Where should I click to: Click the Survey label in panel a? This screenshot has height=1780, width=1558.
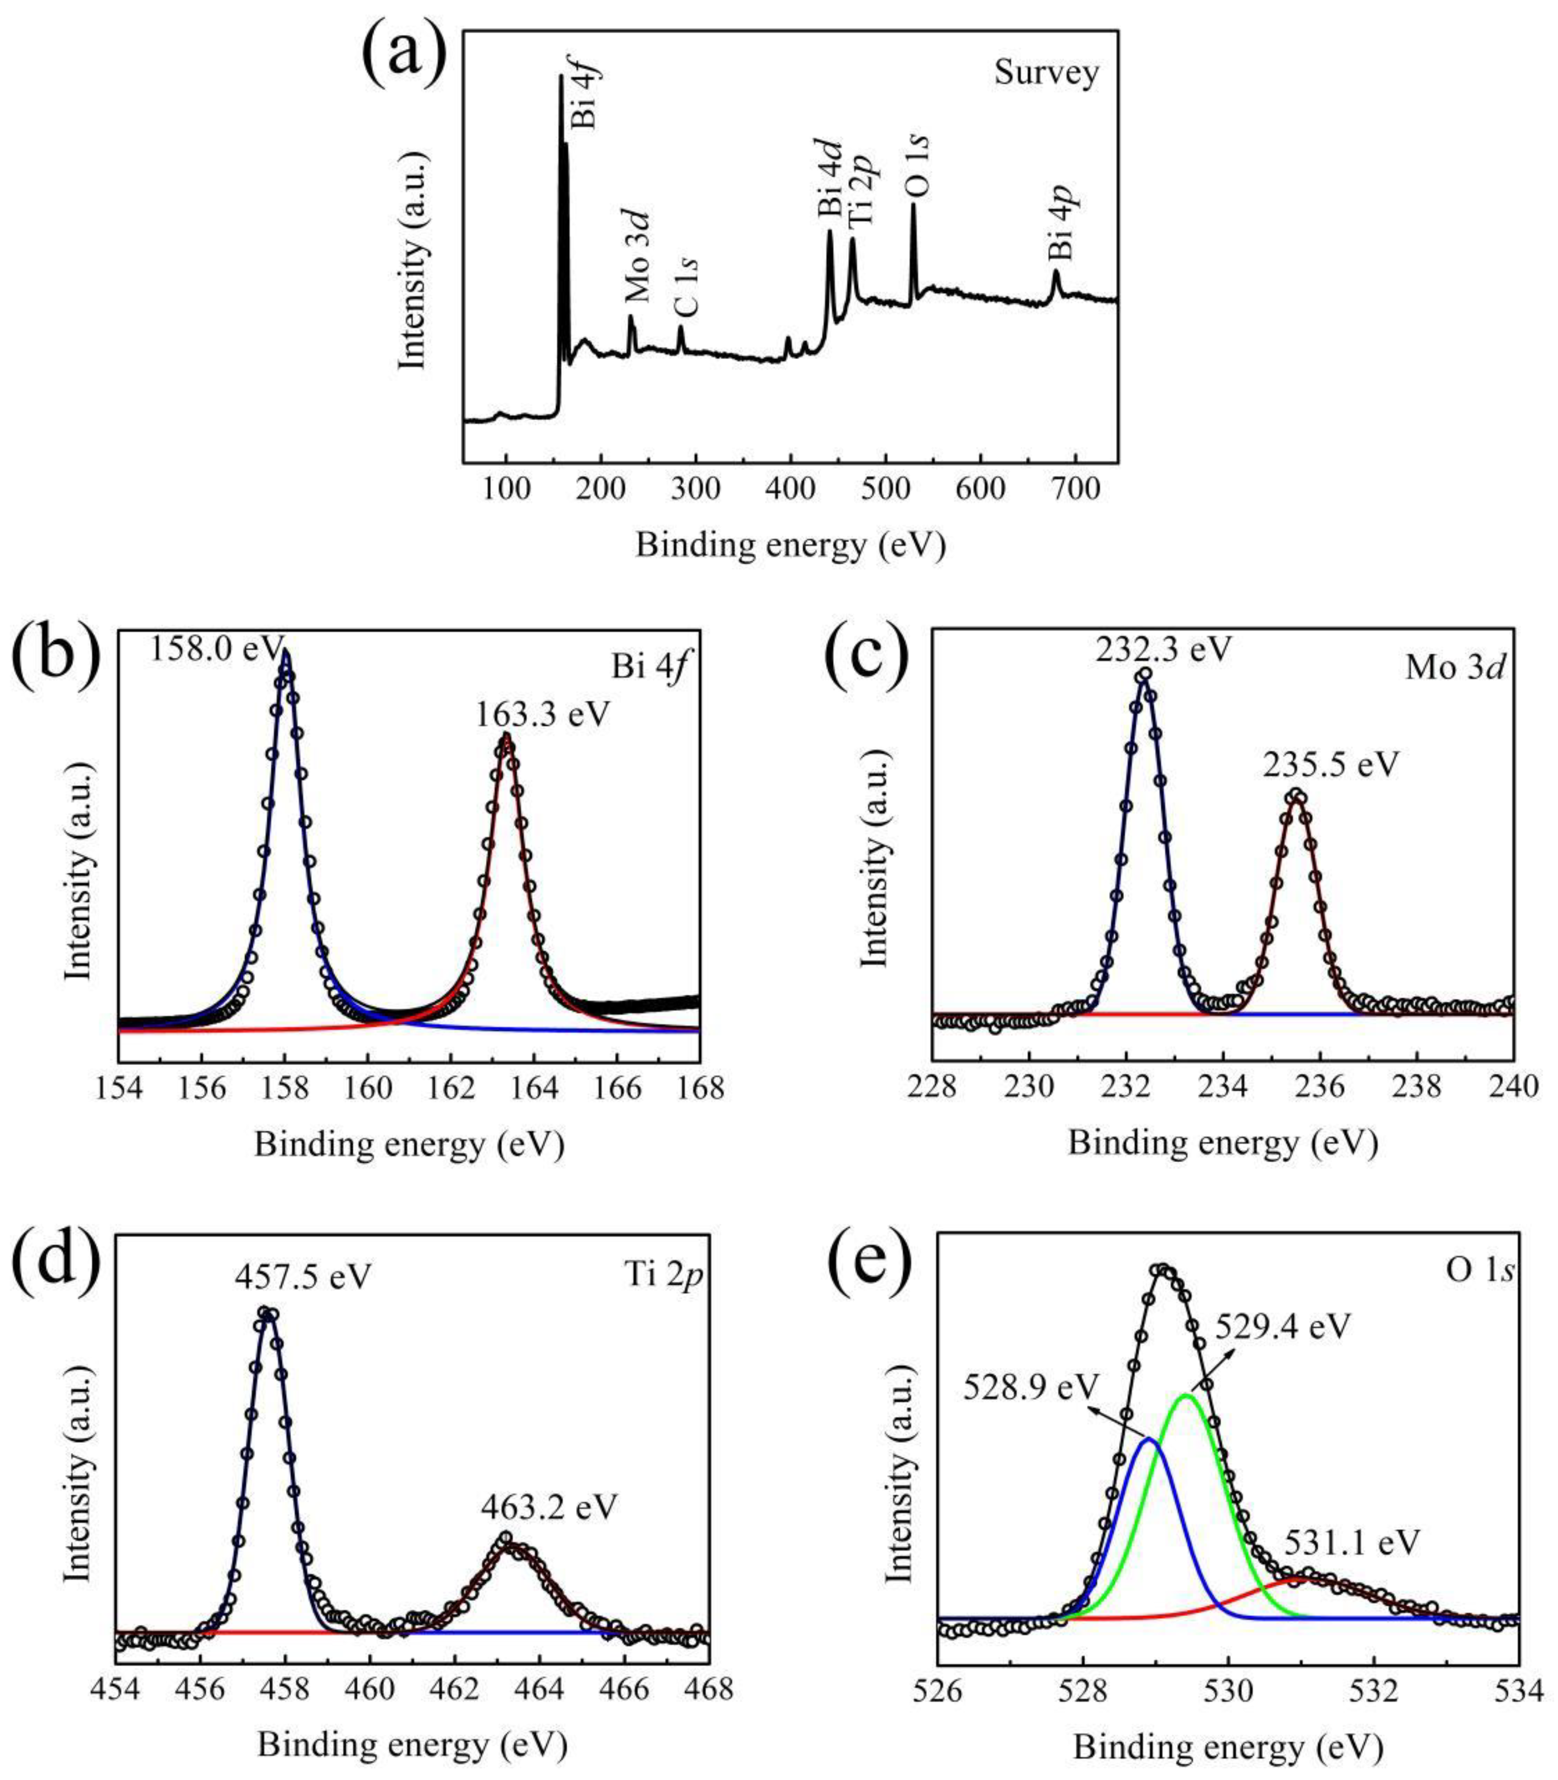click(1046, 73)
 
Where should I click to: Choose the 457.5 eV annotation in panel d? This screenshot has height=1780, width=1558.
click(303, 1276)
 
